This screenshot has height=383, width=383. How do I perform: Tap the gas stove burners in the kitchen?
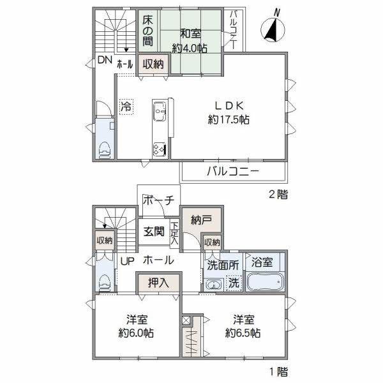click(x=159, y=149)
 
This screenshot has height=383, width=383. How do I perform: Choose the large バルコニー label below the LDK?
click(x=232, y=171)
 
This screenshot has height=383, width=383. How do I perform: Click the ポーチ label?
click(x=159, y=200)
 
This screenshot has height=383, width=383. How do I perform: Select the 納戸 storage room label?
click(x=200, y=221)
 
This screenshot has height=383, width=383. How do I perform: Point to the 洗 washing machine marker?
click(x=234, y=282)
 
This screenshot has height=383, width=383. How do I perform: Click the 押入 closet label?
click(x=158, y=282)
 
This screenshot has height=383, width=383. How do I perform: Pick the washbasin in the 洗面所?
click(x=212, y=284)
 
